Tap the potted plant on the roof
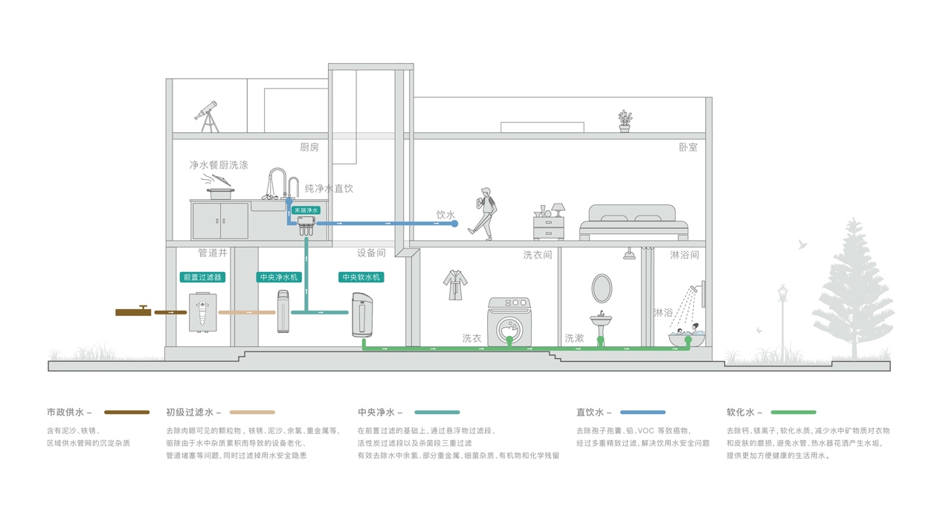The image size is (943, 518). point(625,121)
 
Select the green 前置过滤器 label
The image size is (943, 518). point(202,277)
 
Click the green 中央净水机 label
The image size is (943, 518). point(279,277)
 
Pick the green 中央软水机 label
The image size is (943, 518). point(361,277)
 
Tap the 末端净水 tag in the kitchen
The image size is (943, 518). point(306,210)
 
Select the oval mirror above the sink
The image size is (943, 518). point(602,288)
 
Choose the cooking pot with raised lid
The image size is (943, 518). point(219,186)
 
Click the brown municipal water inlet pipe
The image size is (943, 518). point(134,311)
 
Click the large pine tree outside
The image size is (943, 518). point(852,290)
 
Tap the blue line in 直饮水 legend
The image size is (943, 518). point(643,412)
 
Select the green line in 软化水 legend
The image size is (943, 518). point(793,412)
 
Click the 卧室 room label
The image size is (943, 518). point(688,147)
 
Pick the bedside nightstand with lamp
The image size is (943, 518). point(549,223)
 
